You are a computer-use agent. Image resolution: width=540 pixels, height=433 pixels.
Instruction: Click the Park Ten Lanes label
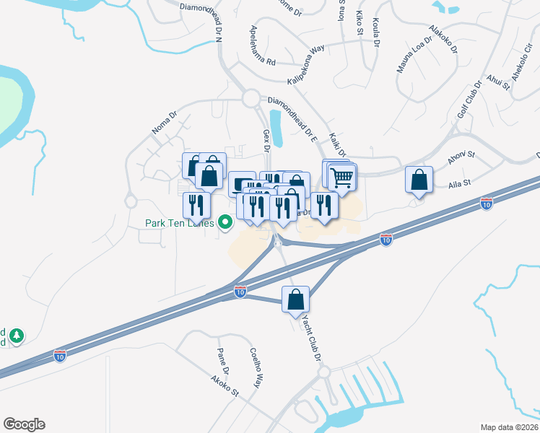(175, 222)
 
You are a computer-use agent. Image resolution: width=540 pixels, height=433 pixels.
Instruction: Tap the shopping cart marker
(343, 176)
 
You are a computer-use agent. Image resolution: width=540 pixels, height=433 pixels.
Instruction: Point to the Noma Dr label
(164, 123)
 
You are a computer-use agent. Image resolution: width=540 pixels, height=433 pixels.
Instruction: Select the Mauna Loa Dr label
(414, 56)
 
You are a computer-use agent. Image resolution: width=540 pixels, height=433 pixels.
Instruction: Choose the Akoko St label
(224, 385)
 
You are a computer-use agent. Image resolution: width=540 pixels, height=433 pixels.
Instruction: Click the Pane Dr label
(223, 360)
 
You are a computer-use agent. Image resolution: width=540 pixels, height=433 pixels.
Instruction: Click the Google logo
(24, 424)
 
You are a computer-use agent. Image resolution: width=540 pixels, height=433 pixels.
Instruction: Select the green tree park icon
(15, 336)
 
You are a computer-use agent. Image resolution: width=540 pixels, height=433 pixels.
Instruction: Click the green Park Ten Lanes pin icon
(225, 223)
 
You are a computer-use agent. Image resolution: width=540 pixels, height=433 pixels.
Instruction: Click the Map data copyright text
(509, 427)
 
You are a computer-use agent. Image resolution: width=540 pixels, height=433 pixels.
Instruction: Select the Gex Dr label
(266, 140)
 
